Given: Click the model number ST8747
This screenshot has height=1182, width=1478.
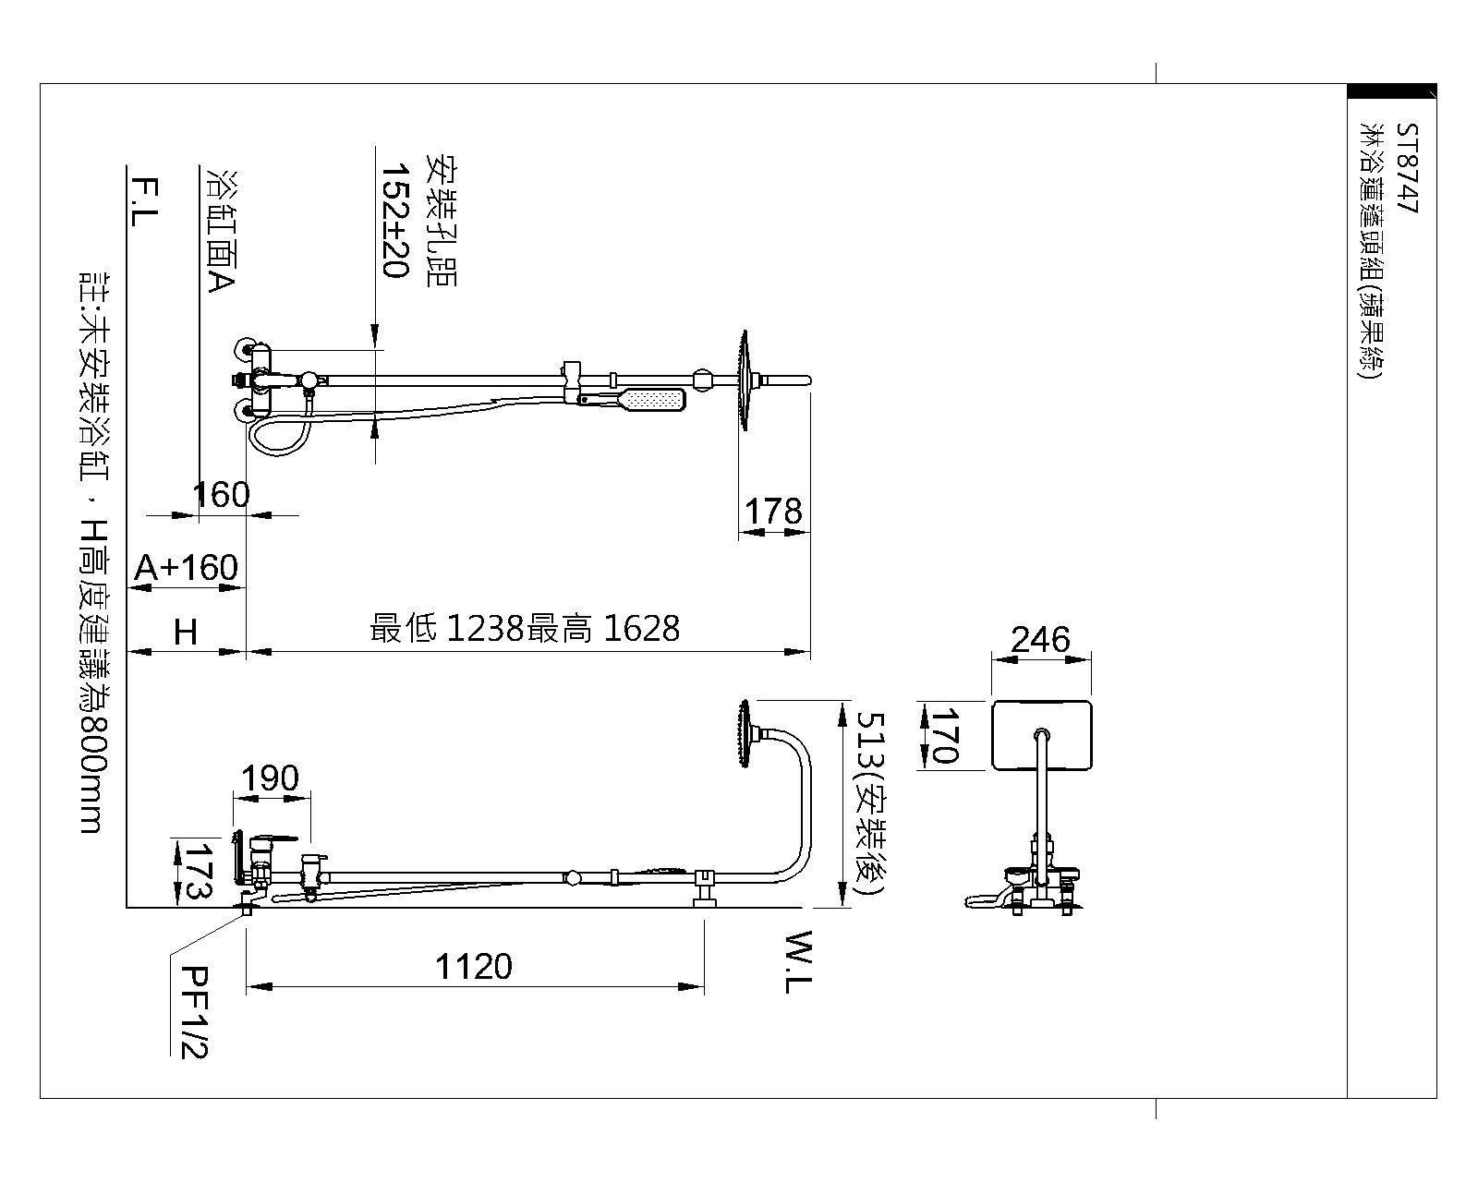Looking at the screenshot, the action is (x=1407, y=169).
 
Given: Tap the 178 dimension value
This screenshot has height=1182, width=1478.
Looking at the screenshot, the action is (x=773, y=511).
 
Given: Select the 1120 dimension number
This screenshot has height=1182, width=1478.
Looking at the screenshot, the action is (x=474, y=966).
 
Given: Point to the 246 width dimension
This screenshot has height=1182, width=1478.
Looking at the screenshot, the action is (x=1040, y=639).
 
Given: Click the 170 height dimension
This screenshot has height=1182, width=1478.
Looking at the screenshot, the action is (x=944, y=736).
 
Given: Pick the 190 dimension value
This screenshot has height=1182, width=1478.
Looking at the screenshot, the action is (x=270, y=778).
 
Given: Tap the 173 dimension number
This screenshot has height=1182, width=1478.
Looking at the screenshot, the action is (x=198, y=871).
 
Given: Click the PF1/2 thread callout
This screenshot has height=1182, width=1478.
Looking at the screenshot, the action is (x=194, y=1012).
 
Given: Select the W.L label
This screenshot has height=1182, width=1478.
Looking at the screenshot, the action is (x=798, y=961).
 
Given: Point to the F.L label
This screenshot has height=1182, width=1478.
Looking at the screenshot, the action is (x=143, y=202).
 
